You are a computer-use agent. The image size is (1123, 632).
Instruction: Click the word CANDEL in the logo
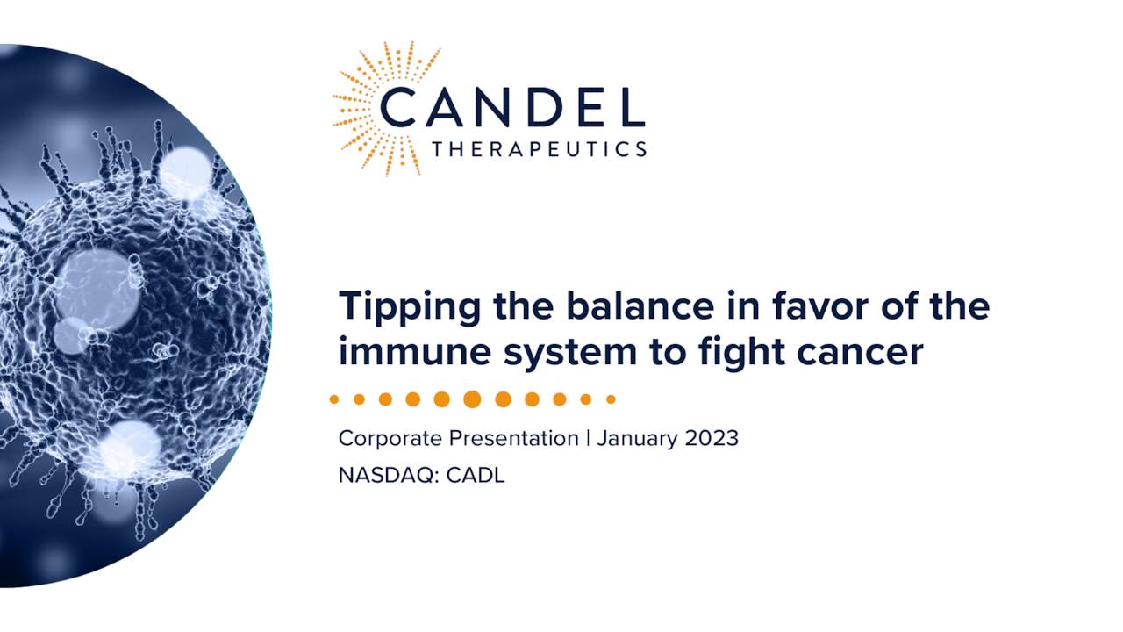point(512,106)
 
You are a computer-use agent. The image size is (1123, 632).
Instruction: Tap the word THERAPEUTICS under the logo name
point(539,149)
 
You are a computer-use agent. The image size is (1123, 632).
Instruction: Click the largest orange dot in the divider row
point(472,399)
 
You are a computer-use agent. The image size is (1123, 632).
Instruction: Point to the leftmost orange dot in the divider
point(334,399)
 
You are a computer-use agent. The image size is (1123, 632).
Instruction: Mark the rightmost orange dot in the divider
point(611,399)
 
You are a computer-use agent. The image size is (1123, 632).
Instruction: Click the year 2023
point(709,437)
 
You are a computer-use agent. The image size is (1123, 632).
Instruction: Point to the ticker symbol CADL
point(476,477)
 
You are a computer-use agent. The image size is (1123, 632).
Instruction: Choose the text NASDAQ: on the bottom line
point(389,477)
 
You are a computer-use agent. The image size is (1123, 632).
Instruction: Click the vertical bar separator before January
point(588,437)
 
